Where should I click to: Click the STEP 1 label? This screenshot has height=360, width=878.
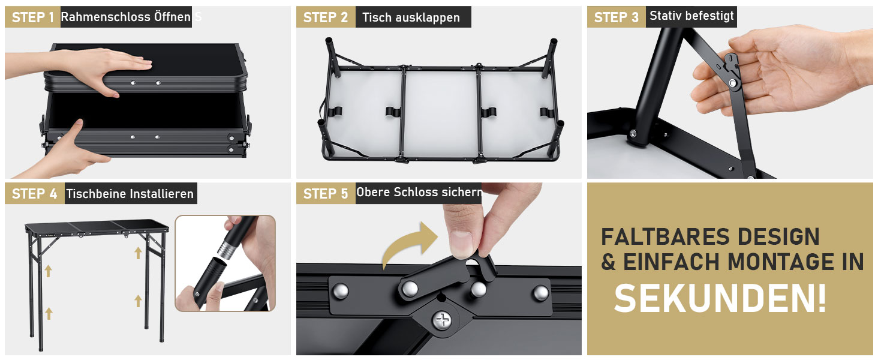pyautogui.click(x=32, y=17)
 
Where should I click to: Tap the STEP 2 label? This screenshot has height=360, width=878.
pyautogui.click(x=325, y=17)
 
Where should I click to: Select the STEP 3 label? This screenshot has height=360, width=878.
pyautogui.click(x=616, y=17)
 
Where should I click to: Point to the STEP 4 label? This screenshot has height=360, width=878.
pyautogui.click(x=35, y=194)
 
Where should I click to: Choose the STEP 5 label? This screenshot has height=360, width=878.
pyautogui.click(x=325, y=194)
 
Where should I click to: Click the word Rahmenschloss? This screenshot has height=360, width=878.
pyautogui.click(x=106, y=17)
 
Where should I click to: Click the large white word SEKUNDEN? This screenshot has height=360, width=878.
pyautogui.click(x=720, y=299)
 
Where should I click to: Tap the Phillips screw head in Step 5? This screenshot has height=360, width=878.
pyautogui.click(x=443, y=320)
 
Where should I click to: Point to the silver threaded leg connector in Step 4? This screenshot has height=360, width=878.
pyautogui.click(x=228, y=250)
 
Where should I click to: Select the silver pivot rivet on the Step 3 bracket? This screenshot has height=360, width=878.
pyautogui.click(x=732, y=83)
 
